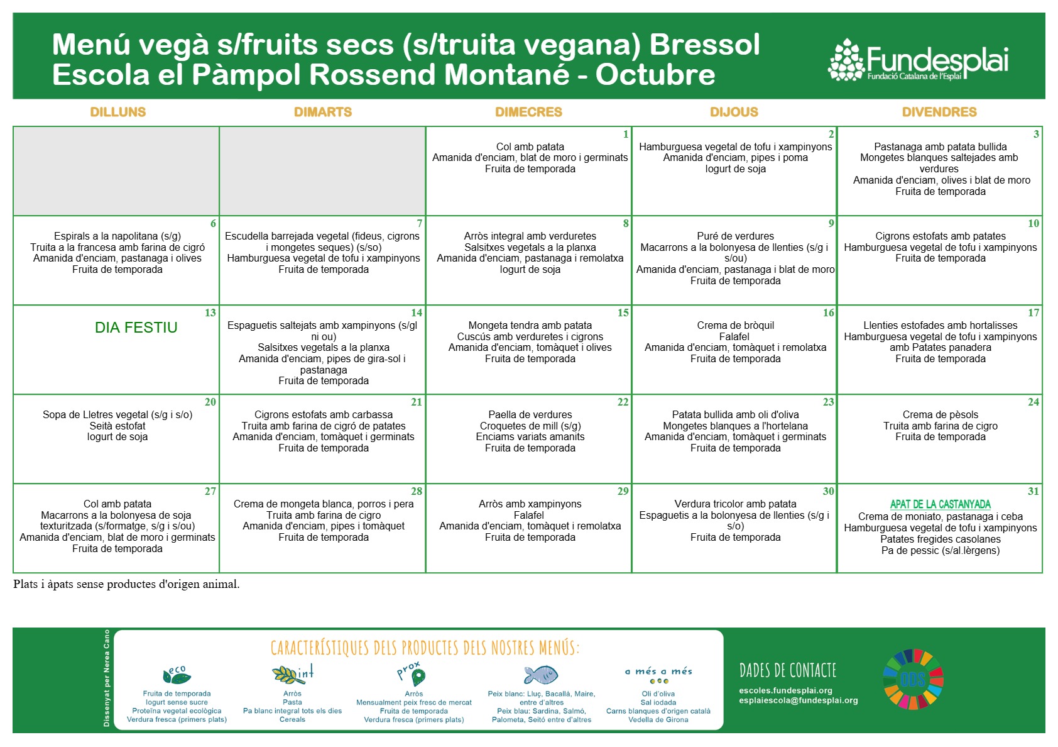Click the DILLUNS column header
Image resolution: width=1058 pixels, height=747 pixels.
(117, 112)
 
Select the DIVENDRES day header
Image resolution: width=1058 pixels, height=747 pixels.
(939, 112)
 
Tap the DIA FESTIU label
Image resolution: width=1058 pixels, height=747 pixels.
(136, 328)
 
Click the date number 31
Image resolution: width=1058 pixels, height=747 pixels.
(1033, 491)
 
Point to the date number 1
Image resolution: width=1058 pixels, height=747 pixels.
(625, 134)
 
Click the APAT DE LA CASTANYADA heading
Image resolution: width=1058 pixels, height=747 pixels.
(940, 504)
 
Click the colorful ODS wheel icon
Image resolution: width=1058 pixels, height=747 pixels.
(912, 679)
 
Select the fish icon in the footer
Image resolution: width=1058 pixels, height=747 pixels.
(541, 675)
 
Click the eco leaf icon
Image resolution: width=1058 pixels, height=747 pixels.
(177, 675)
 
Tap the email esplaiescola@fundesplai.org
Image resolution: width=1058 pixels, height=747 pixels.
(798, 700)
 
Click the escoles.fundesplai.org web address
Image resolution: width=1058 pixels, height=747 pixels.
(785, 690)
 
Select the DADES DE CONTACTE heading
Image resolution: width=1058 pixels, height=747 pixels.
(787, 670)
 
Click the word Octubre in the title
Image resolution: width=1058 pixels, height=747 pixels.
(655, 75)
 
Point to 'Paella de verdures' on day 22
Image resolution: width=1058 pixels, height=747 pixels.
(530, 415)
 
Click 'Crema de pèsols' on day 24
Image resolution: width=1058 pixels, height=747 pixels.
(940, 415)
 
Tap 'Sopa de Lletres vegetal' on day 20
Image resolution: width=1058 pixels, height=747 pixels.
(117, 415)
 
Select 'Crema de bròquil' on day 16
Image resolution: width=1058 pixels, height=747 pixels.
(735, 326)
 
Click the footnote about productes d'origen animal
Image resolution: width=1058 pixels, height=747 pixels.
(126, 584)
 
